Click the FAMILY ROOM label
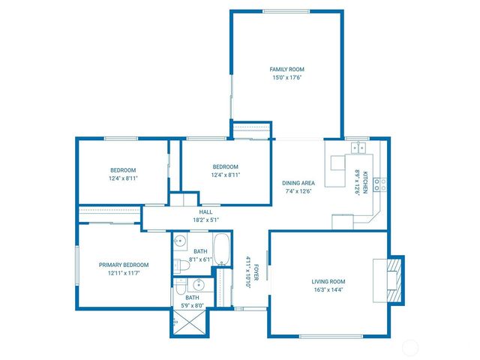[x=287, y=69]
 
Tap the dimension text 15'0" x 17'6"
[x=287, y=77]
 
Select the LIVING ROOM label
[x=328, y=281]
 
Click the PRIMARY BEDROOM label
[x=124, y=265]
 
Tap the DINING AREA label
[x=298, y=183]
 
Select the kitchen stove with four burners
[x=380, y=183]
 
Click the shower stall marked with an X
[x=186, y=321]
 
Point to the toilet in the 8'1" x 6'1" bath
[x=181, y=265]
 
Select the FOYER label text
[x=256, y=271]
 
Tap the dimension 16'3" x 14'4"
[x=328, y=290]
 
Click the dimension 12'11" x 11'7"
[x=124, y=274]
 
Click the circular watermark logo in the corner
[x=410, y=346]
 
